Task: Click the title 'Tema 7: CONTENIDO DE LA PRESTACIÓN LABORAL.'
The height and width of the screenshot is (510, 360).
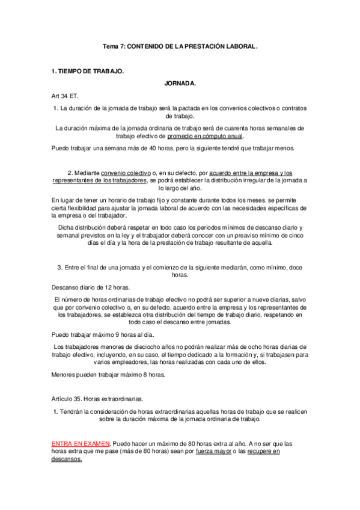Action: (x=180, y=45)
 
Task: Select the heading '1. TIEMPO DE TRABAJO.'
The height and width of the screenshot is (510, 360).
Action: (x=88, y=71)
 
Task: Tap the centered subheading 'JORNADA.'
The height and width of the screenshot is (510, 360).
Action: (x=180, y=84)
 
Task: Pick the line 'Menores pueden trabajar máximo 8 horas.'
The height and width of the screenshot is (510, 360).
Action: (x=108, y=375)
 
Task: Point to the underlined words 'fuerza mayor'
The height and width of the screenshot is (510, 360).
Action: (x=213, y=450)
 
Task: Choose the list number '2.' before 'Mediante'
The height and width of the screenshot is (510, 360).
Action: (x=71, y=173)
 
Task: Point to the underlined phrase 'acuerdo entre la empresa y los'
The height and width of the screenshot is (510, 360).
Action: (x=250, y=173)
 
